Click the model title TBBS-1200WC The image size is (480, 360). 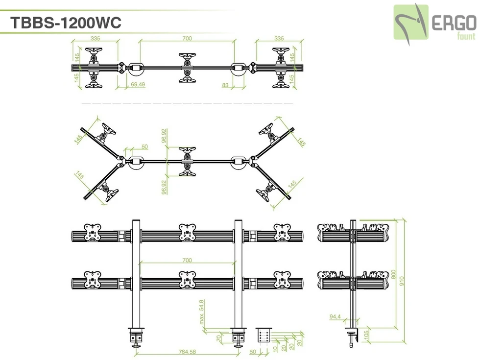click(65, 23)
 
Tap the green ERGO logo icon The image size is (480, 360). click(411, 22)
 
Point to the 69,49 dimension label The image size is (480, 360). click(138, 85)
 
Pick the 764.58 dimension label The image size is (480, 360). click(187, 352)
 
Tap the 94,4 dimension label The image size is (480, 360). click(335, 317)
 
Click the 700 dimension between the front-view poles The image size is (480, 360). click(187, 260)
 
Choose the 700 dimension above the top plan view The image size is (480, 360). click(187, 38)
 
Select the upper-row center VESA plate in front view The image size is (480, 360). click(187, 232)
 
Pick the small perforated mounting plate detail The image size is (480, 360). click(264, 336)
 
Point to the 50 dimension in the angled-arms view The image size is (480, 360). click(144, 146)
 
